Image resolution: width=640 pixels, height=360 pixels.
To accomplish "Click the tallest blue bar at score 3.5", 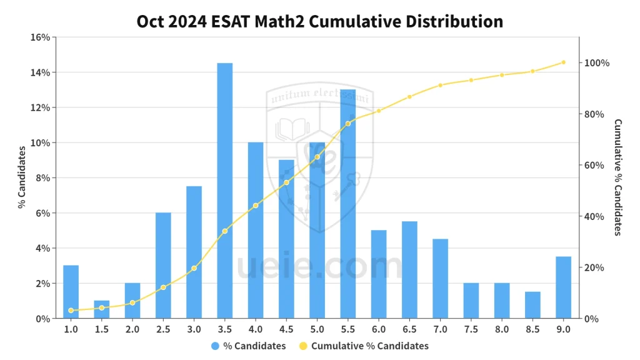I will pos(225,191).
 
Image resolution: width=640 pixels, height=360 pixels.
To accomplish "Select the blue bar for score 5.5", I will pos(347,204).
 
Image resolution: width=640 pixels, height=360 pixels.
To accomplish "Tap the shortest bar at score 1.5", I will pos(102,309).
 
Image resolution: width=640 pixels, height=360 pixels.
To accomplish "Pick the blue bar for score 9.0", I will pos(563,287).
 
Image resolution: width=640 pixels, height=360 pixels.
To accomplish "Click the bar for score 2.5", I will pos(163,266).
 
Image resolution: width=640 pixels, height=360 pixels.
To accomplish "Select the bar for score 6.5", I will pos(409,270).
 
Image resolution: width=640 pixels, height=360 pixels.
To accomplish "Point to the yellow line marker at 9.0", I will pos(563,62).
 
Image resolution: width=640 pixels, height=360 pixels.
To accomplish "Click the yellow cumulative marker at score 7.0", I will pos(440,86).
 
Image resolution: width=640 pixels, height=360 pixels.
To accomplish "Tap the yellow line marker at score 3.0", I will pos(194,268).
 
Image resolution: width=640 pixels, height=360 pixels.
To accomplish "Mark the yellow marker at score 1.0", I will pos(71,311).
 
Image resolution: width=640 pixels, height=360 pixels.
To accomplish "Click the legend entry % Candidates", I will pos(248,346).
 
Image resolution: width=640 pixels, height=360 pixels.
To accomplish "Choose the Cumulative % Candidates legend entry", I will pos(363,346).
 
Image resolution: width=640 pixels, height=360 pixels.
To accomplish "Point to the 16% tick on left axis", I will pos(40,37).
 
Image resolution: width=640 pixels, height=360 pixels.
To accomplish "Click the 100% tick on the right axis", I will pos(597,63).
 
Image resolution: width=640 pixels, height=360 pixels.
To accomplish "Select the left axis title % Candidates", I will pos(21,177).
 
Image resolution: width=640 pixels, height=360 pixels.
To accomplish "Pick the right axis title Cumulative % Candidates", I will pos(617,177).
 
